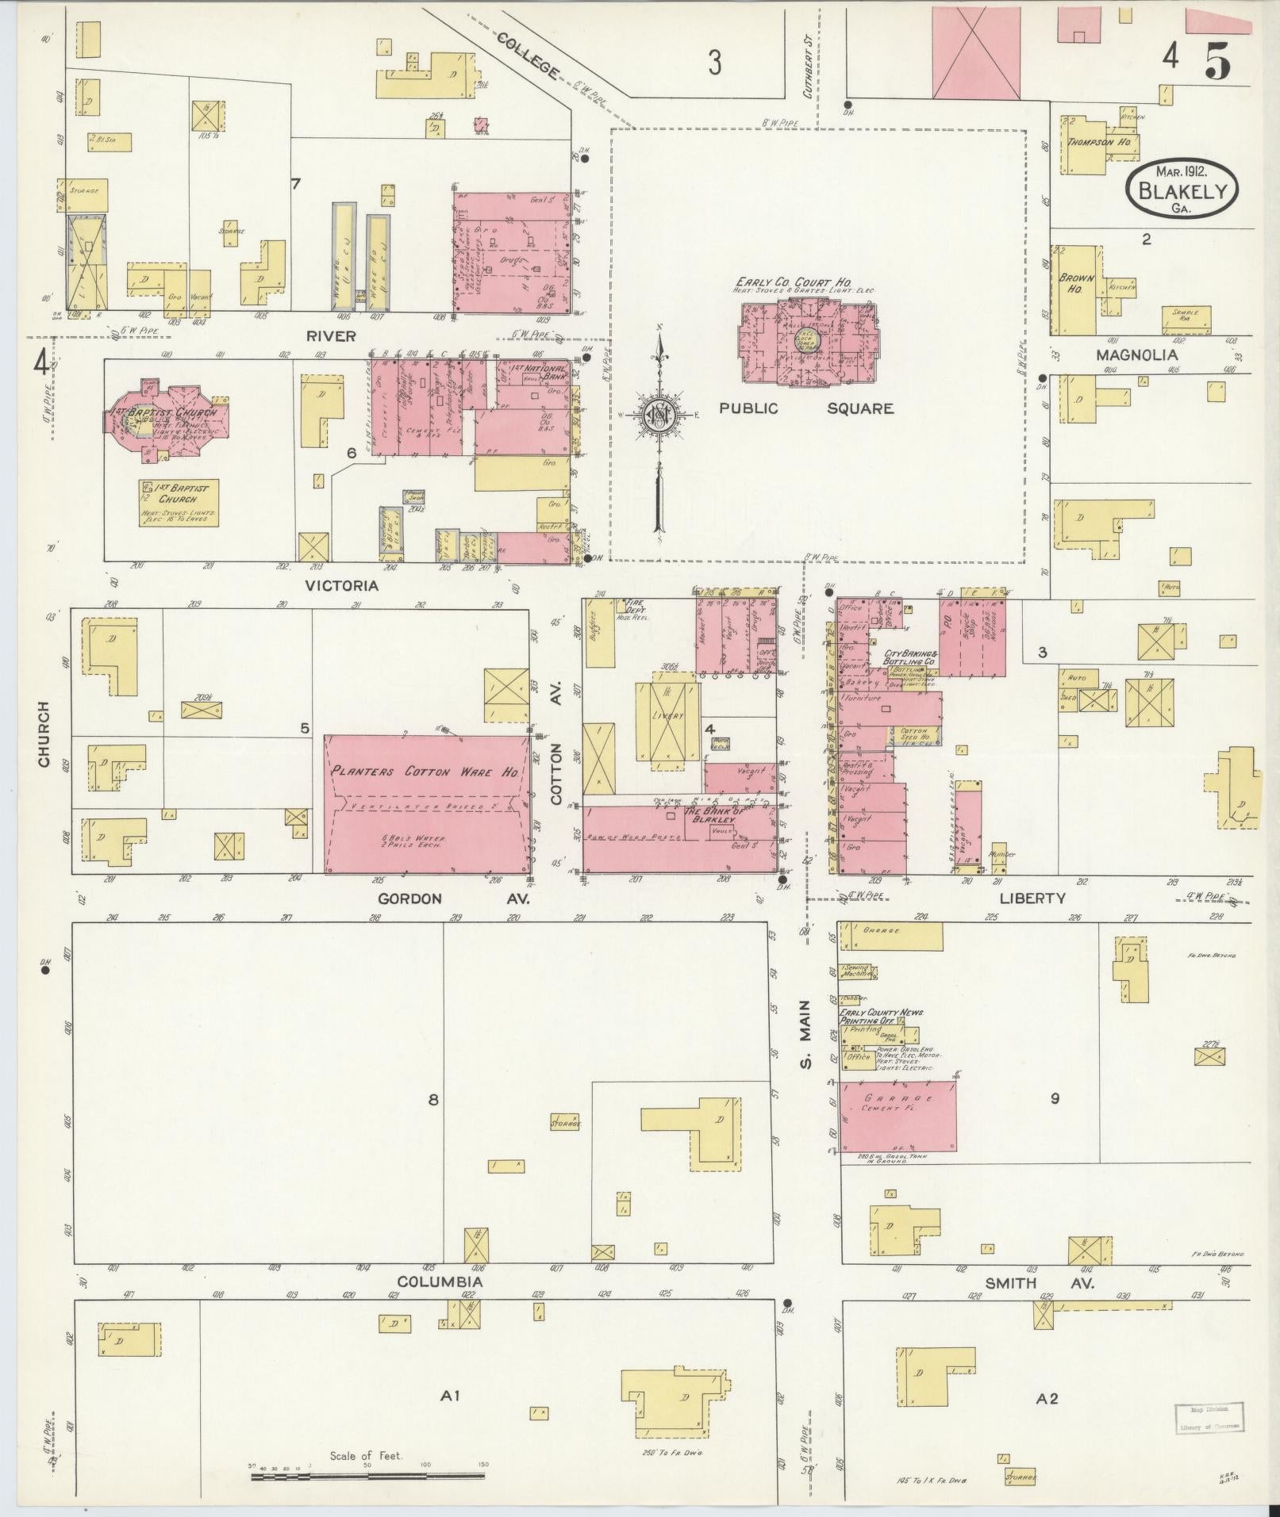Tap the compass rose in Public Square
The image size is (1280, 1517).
[x=659, y=414]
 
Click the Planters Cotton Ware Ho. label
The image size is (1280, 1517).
[x=425, y=771]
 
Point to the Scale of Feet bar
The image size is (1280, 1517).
[x=367, y=1477]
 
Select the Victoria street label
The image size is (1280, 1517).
[x=342, y=586]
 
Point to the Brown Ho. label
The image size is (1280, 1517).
[x=1076, y=283]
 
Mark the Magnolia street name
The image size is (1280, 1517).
[x=1136, y=354]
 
